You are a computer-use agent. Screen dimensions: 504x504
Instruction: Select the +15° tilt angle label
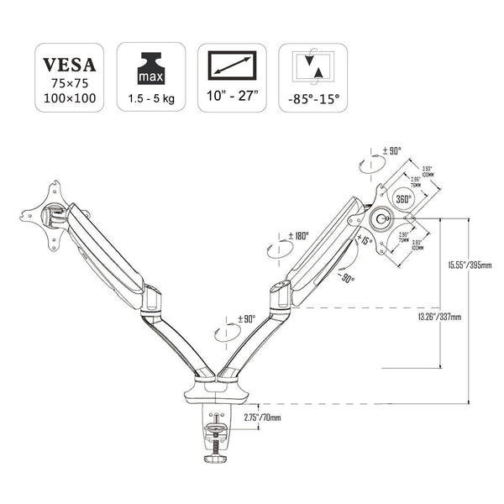365,240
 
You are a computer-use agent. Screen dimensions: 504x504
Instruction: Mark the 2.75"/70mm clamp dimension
262,417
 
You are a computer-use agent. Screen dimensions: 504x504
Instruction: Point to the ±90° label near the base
246,319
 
